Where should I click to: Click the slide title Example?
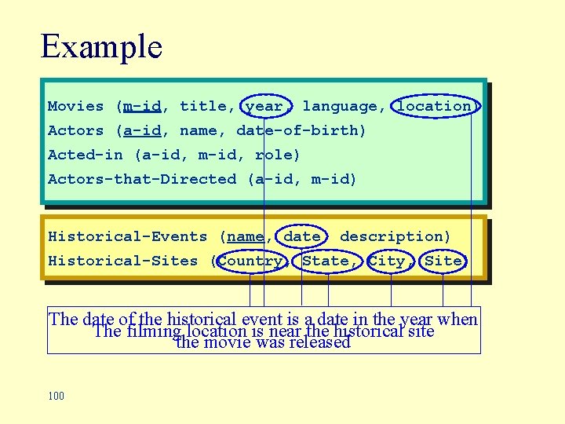[101, 46]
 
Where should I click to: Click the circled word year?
[264, 106]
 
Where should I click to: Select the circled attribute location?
[434, 106]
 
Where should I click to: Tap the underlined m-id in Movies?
[142, 106]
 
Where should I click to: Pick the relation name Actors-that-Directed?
[141, 179]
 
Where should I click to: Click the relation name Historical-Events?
[127, 236]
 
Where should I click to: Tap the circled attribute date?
[302, 236]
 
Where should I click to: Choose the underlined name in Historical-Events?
[246, 236]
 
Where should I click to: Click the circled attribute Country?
[250, 261]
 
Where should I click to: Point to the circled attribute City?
[386, 261]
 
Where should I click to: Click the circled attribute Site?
[443, 261]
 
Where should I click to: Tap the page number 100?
[56, 396]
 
